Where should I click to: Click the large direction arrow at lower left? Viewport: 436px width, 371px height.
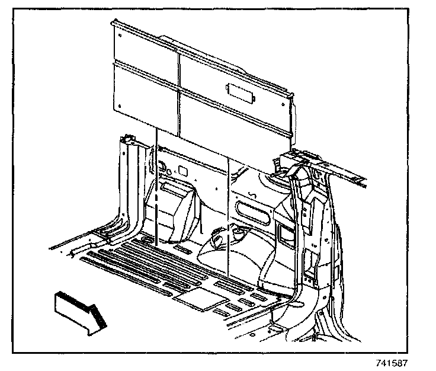click(x=79, y=309)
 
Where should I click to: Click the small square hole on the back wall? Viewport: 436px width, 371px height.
click(x=183, y=172)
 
